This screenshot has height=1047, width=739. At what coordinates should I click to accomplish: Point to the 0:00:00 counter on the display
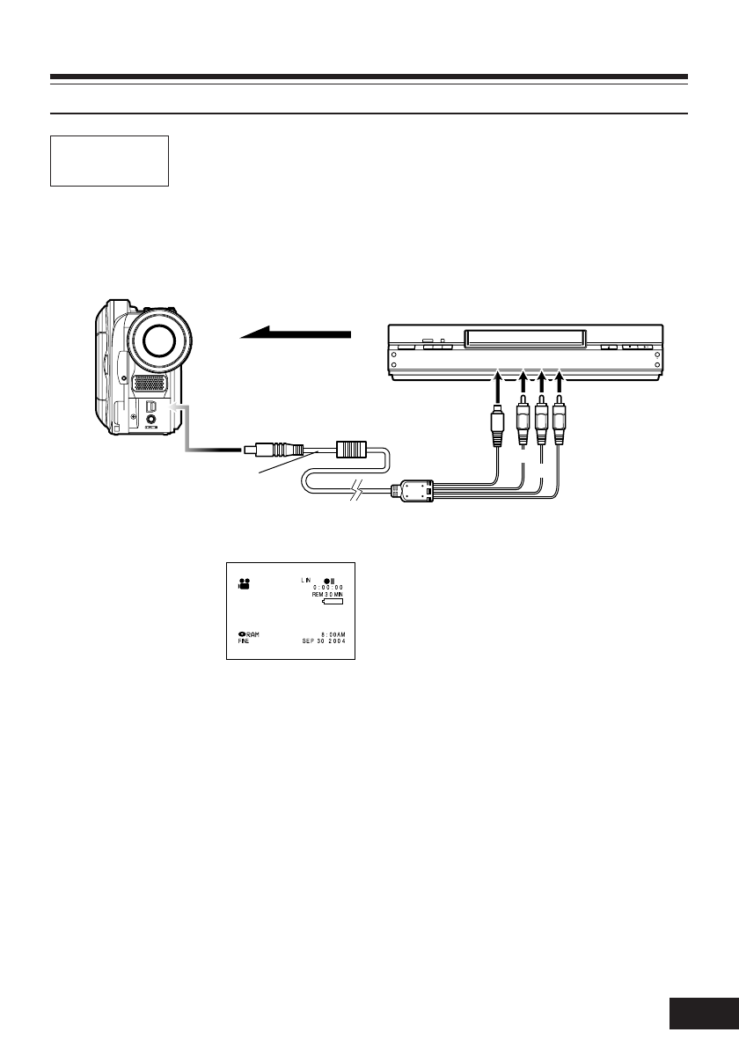pos(328,588)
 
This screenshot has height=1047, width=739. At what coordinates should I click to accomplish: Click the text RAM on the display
pos(253,633)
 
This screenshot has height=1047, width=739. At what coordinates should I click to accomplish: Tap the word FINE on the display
pos(245,641)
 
